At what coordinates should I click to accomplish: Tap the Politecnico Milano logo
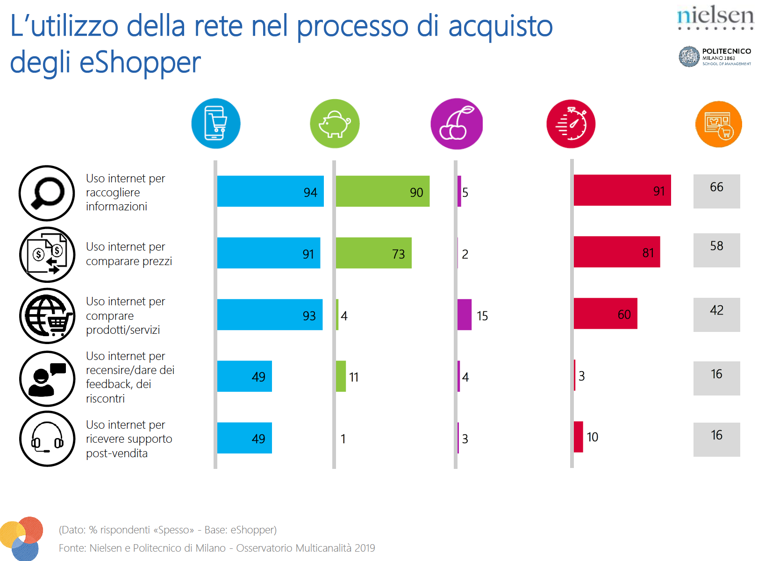pos(715,57)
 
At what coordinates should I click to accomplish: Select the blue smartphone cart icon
pos(216,123)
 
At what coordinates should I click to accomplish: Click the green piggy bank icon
pos(335,123)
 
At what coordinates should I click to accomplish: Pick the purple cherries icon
pos(457,124)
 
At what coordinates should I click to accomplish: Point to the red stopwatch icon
pos(571,124)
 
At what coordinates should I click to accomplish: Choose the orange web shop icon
pos(718,124)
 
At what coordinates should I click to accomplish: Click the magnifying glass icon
pos(47,193)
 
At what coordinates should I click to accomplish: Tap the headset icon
pos(47,439)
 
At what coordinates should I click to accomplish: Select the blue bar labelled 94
pos(270,191)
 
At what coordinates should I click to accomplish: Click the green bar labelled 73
pos(373,253)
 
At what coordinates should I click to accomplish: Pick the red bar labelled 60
pos(605,313)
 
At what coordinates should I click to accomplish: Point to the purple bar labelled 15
pos(465,315)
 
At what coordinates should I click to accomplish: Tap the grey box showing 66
pos(716,191)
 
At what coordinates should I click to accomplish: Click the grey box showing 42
pos(716,315)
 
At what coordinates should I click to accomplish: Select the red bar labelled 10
pos(579,437)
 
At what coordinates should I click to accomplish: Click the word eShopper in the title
pos(140,63)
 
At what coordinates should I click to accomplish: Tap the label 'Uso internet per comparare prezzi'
pos(129,254)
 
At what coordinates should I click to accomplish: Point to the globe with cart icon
pos(47,316)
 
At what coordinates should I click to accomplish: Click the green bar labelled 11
pos(341,376)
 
